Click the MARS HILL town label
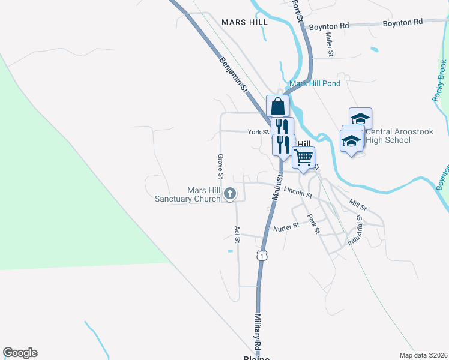(x=244, y=22)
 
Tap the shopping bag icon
(x=277, y=106)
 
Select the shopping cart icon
(x=304, y=158)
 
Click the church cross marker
(x=229, y=194)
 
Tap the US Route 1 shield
(x=261, y=256)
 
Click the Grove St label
(x=221, y=167)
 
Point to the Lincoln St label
(x=299, y=193)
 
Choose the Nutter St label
(x=286, y=227)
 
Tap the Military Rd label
(x=257, y=332)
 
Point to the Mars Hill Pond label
(x=315, y=83)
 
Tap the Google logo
(x=20, y=353)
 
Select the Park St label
(x=313, y=223)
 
